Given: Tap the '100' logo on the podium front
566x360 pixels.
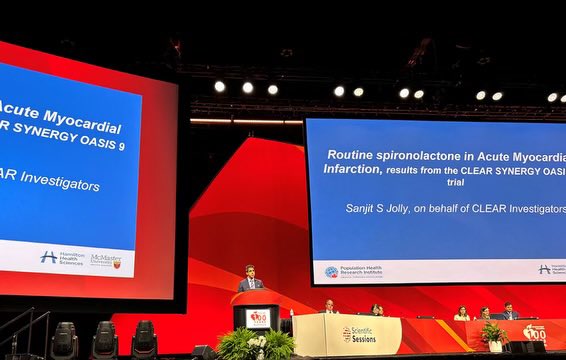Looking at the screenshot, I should coord(258,317).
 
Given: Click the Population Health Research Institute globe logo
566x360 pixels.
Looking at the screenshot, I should coord(331,271).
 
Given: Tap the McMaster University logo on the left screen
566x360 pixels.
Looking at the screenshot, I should coord(106,260).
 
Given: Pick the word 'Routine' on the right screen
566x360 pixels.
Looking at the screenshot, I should coord(355,155).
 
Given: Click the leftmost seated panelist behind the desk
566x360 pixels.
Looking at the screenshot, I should coord(328,307).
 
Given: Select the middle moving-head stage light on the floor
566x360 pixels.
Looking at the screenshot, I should coord(104,339).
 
